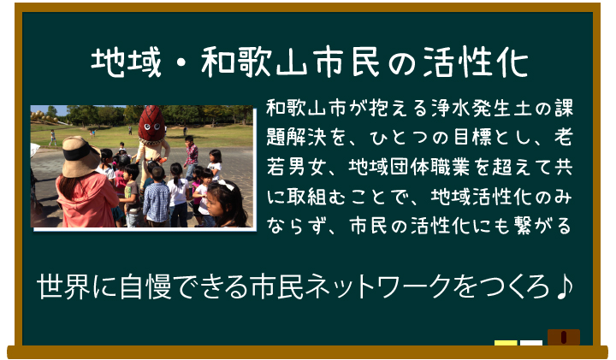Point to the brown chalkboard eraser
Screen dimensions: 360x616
click(x=563, y=337)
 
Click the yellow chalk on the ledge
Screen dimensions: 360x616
click(x=506, y=344)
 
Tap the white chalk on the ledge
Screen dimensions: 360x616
click(x=531, y=344)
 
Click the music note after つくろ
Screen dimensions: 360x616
click(x=564, y=288)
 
